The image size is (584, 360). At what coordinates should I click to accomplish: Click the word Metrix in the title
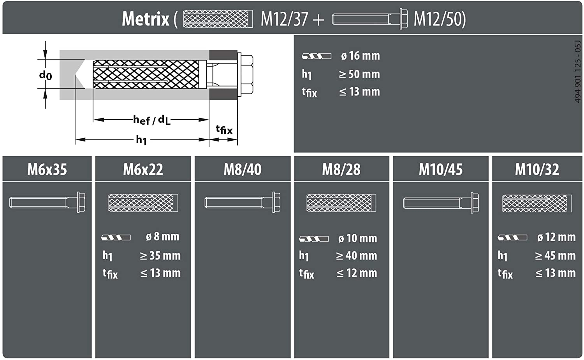[145, 19]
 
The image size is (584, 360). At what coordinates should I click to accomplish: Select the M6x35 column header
[47, 169]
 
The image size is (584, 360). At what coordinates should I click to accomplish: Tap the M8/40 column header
[243, 169]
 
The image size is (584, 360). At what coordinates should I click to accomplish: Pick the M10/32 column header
[537, 169]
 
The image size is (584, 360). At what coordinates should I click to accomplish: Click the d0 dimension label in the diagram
[46, 75]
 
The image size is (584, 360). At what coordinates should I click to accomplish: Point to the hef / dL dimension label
[151, 120]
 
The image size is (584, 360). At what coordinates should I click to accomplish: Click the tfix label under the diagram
[224, 129]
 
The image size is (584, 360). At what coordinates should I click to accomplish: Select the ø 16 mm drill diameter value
[360, 56]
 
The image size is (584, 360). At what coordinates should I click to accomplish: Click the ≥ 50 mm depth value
[359, 74]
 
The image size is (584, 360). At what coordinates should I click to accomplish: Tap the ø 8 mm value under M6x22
[162, 236]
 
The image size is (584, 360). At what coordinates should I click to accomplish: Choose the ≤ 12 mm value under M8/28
[357, 273]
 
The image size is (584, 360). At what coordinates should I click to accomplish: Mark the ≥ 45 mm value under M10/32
[555, 256]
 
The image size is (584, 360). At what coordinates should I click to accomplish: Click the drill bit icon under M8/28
[314, 238]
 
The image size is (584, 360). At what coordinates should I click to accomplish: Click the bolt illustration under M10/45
[441, 203]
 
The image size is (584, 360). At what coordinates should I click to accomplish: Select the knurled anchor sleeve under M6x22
[143, 203]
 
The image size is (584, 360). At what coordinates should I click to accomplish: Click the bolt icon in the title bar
[369, 19]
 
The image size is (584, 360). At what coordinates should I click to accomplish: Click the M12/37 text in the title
[284, 19]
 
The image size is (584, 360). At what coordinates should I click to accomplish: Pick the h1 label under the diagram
[141, 139]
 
